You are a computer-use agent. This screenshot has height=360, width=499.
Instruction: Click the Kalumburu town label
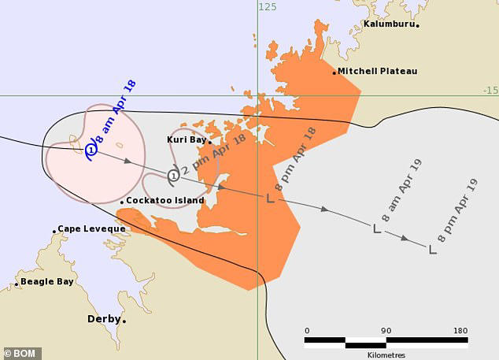[x=389, y=24]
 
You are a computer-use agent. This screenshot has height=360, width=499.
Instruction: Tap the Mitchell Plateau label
[x=377, y=71]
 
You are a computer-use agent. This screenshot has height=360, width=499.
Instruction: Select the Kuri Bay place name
[x=187, y=139]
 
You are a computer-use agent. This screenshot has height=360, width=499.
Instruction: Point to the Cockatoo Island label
[x=165, y=201]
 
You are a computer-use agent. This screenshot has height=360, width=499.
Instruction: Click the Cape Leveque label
[x=91, y=229]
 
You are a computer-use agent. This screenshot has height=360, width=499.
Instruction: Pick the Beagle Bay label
[x=47, y=281]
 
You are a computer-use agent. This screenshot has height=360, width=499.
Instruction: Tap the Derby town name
[x=103, y=319]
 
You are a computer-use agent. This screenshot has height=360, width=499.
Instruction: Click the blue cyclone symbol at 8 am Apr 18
[x=91, y=149]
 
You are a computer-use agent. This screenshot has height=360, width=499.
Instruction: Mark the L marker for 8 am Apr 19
[x=376, y=228]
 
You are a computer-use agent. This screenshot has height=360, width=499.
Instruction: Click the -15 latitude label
[x=490, y=91]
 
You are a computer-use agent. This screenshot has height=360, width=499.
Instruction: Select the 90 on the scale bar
[x=386, y=330]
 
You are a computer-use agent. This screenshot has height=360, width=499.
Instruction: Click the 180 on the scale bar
[x=460, y=330]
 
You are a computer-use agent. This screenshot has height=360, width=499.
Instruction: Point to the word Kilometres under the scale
[x=385, y=354]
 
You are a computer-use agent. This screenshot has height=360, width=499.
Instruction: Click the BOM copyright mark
[x=22, y=353]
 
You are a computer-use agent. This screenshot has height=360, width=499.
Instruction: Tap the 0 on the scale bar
[x=307, y=330]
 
